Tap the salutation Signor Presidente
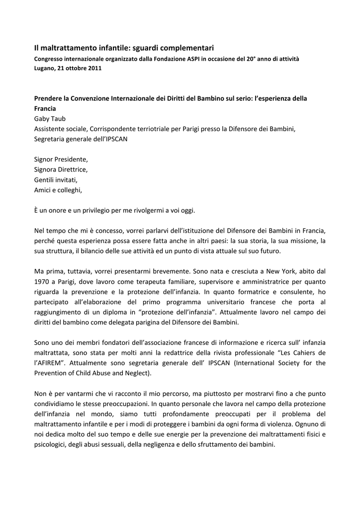[61, 159]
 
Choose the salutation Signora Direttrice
[61, 169]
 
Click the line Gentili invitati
[56, 179]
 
